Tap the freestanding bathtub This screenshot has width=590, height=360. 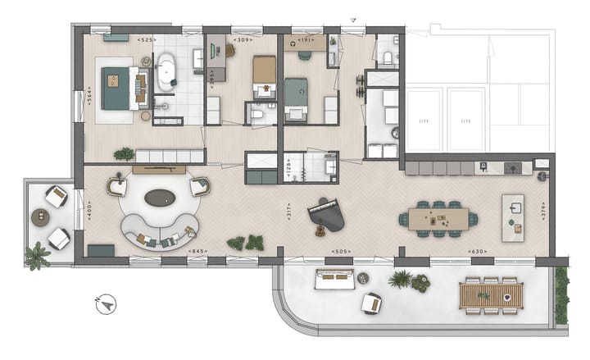pyautogui.click(x=166, y=71)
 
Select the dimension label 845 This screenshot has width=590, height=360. pyautogui.click(x=197, y=251)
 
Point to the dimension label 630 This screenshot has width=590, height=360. pyautogui.click(x=474, y=252)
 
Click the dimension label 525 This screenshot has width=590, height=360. pyautogui.click(x=147, y=39)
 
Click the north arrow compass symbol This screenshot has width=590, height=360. pyautogui.click(x=105, y=304)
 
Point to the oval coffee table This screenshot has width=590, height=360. pyautogui.click(x=161, y=198)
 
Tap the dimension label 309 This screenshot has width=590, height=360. pyautogui.click(x=242, y=39)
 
